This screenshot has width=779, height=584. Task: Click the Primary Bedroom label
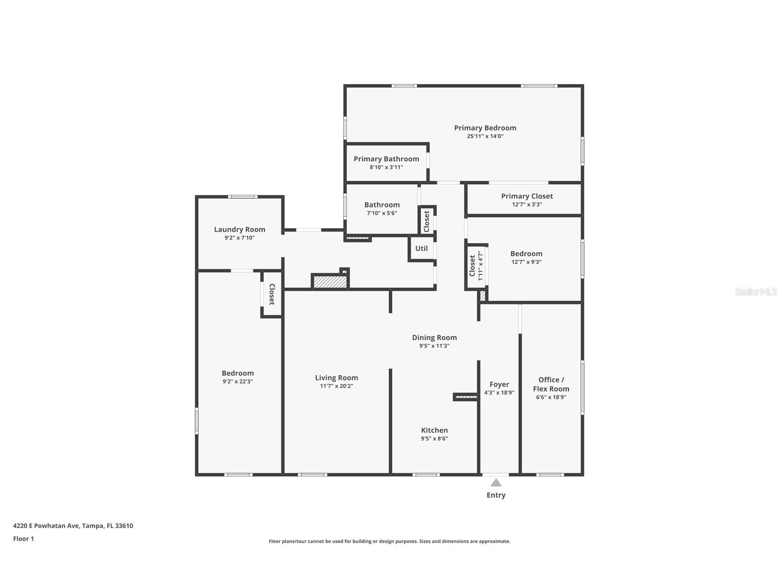485,128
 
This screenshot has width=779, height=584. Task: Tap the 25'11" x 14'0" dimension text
485,136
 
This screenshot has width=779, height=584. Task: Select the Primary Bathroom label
386,159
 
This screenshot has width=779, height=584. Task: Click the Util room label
421,248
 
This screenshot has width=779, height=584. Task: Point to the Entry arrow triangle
496,483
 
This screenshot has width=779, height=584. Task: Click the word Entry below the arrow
496,495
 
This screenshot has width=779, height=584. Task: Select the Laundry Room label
239,230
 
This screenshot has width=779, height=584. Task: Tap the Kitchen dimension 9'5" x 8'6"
434,438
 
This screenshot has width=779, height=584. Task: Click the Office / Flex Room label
551,384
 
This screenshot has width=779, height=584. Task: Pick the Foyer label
499,385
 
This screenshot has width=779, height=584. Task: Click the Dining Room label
434,337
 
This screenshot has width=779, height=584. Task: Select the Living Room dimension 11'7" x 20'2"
336,386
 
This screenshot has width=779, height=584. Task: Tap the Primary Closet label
527,196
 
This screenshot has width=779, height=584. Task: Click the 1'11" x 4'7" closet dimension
481,266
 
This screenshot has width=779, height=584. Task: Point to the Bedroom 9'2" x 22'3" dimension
237,382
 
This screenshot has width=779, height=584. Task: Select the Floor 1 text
23,539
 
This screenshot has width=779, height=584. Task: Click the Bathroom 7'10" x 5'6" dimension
381,213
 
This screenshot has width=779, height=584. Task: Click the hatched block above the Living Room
330,282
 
